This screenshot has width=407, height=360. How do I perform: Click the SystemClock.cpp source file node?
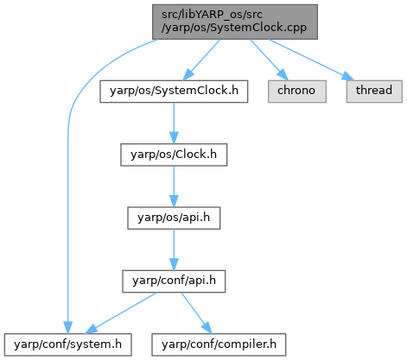pos(235,22)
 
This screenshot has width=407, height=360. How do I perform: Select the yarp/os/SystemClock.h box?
pos(174,92)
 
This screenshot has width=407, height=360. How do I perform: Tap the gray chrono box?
pos(297,92)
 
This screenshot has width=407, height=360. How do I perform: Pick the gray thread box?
pos(374,92)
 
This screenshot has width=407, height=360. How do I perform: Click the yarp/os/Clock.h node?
pos(174,155)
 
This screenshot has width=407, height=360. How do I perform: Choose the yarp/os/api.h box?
pos(174,218)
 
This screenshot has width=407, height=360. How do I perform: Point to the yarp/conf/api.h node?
pos(174,281)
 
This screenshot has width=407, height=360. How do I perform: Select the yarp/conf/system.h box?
pos(68,344)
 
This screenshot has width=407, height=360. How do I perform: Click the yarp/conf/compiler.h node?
pos(219,344)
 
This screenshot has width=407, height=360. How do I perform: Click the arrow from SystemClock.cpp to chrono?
pos(269,60)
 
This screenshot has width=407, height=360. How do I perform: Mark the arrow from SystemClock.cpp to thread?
pos(311,60)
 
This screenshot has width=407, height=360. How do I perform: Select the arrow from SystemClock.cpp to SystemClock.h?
pos(201,60)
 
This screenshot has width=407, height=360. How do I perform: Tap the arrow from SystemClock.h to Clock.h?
pos(174,123)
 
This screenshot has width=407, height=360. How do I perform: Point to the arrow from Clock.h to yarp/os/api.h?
pos(174,186)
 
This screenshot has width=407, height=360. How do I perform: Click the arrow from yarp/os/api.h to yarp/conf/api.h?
pos(174,249)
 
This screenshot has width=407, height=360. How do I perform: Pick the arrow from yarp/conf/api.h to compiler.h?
pos(196,313)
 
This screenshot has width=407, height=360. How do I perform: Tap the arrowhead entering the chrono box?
pos(283,74)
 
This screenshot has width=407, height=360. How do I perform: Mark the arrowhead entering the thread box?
pos(348,76)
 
